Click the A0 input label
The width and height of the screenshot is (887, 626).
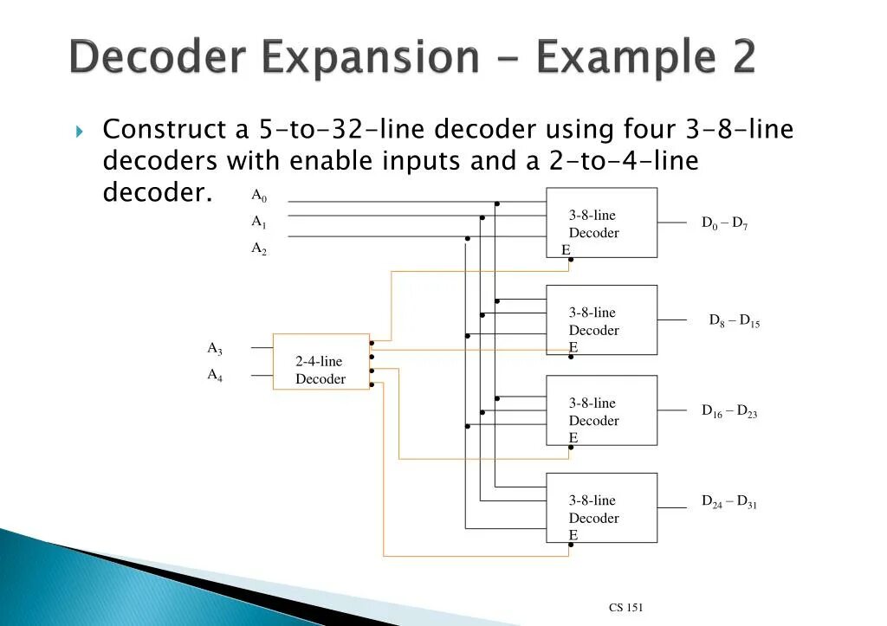coord(259,196)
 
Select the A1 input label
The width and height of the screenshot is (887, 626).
coord(259,222)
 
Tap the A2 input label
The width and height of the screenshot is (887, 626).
coord(259,248)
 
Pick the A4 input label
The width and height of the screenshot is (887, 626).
coord(214,375)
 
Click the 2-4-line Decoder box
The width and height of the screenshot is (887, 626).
coord(321,362)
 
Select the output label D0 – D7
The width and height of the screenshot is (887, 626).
coord(725,223)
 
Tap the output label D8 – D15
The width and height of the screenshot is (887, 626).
coord(735,320)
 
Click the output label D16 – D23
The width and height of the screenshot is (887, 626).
coord(729,411)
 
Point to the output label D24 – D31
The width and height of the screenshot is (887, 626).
coord(729,502)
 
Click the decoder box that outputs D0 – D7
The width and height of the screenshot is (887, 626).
coord(601,223)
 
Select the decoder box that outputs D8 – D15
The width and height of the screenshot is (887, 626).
coord(601,320)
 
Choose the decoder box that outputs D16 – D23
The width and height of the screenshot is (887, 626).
coord(601,410)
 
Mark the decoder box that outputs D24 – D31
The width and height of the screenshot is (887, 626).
coord(601,508)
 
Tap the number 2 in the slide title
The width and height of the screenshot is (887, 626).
coord(737,58)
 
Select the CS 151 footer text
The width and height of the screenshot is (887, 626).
coord(625,608)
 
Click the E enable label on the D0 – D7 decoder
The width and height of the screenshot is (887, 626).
coord(566,250)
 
